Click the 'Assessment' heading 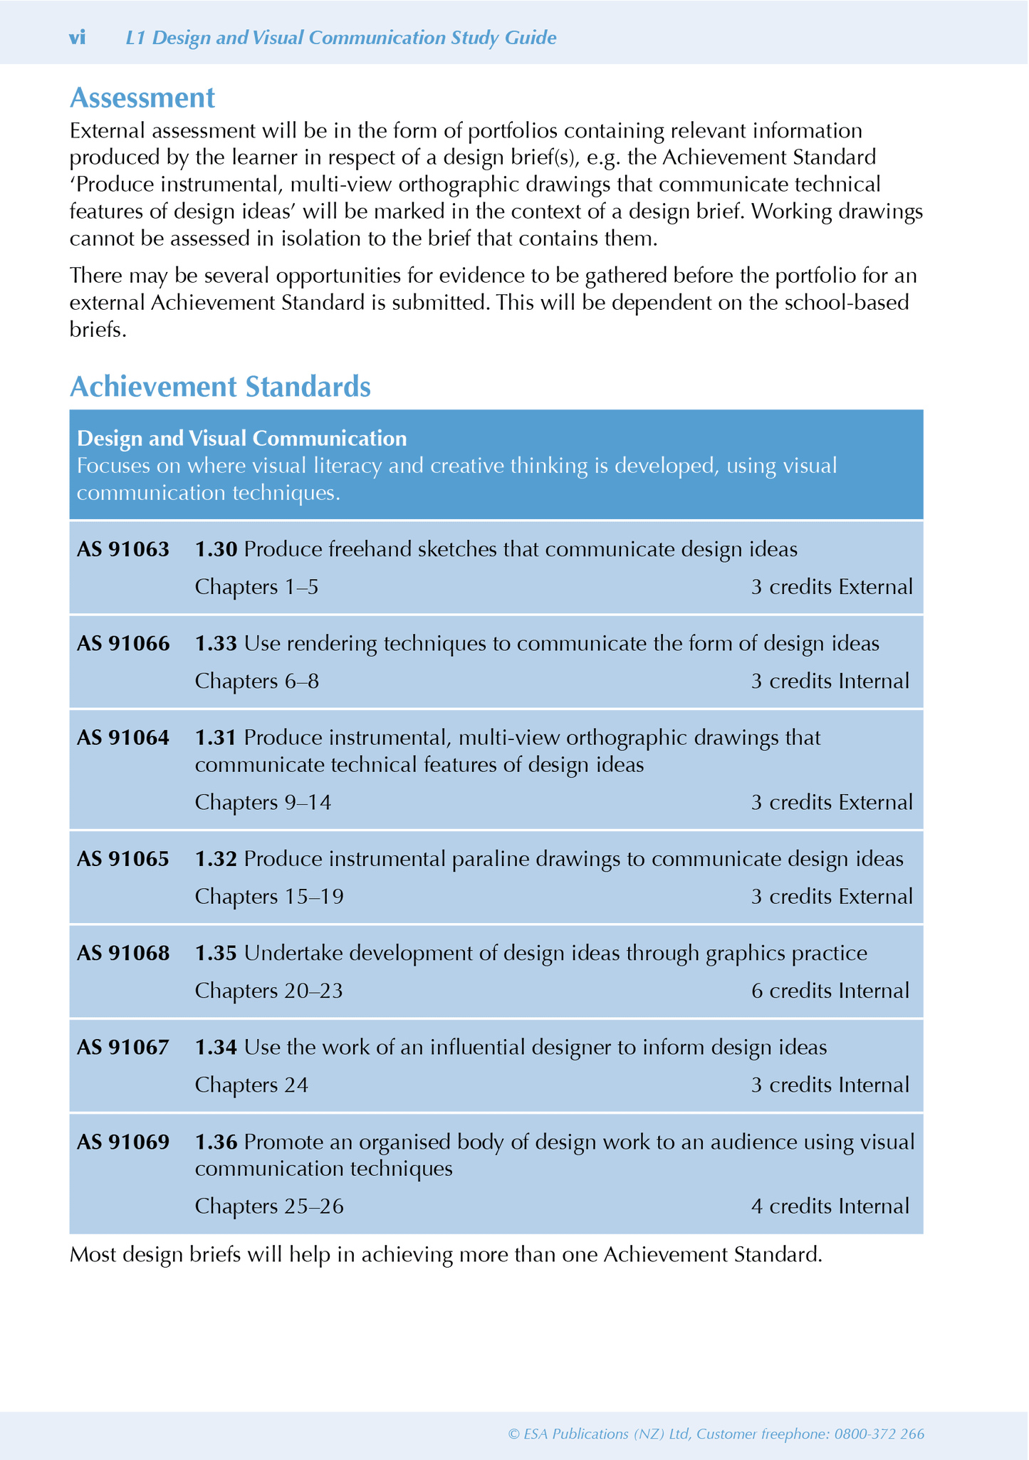142,98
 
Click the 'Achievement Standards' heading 220,387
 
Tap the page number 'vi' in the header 77,38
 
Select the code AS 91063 123,549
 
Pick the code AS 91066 123,644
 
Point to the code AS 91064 123,738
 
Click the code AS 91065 123,859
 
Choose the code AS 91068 123,953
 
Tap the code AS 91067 123,1048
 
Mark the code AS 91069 123,1142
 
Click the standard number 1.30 216,549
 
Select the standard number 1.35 216,953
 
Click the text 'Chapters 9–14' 263,803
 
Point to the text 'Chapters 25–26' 269,1206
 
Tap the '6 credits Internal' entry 830,991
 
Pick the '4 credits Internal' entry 830,1206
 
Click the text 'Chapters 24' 251,1085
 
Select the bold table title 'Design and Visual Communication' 241,439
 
